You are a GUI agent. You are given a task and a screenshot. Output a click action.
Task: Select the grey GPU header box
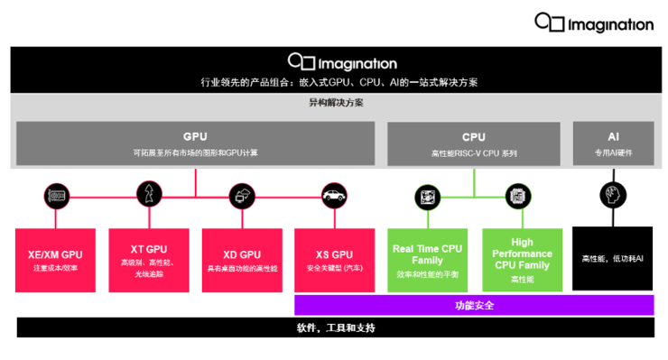click(x=195, y=143)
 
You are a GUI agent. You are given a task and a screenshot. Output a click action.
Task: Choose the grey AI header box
click(x=613, y=143)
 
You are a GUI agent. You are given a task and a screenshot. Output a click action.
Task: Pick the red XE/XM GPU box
click(x=54, y=260)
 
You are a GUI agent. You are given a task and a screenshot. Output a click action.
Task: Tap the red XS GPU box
click(x=334, y=260)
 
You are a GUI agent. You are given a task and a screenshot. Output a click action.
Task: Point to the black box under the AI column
click(x=613, y=259)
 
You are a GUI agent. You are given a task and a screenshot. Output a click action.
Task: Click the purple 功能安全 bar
click(x=473, y=305)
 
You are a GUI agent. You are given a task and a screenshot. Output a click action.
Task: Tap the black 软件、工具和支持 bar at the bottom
click(x=335, y=328)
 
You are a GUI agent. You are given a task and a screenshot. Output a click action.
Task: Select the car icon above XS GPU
click(x=334, y=195)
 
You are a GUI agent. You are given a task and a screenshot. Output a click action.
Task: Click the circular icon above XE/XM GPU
click(x=55, y=195)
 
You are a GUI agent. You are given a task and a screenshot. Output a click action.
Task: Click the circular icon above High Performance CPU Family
click(x=517, y=195)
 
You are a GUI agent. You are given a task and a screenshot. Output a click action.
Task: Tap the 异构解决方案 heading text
click(x=335, y=103)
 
